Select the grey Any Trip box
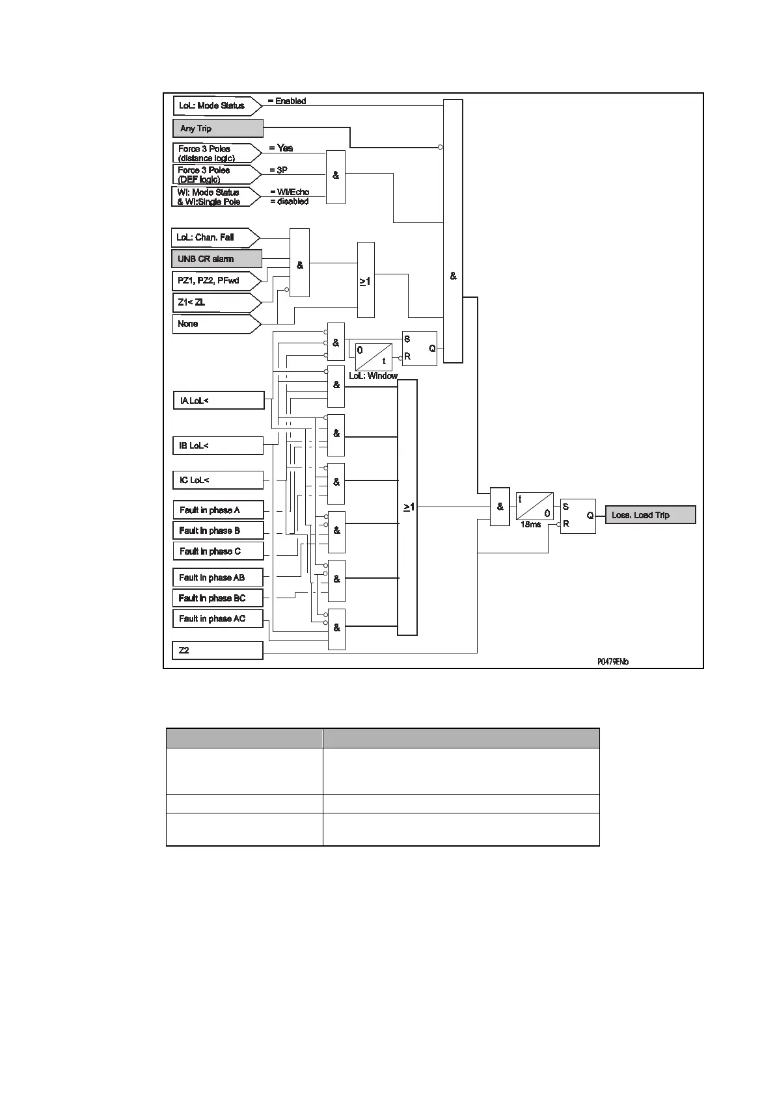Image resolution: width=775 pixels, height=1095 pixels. pos(217,128)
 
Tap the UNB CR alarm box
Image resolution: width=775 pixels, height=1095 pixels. pos(217,259)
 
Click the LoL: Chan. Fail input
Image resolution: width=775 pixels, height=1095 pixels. pos(213,237)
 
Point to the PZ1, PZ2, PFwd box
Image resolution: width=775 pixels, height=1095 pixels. pos(215,280)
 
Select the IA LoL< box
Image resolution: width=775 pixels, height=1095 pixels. pos(218,401)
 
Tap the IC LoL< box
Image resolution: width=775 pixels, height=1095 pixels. pos(217,480)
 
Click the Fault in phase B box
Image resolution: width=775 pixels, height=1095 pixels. pos(217,531)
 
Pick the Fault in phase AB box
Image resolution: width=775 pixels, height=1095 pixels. pos(217,577)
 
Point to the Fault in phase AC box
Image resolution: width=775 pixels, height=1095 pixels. pos(217,618)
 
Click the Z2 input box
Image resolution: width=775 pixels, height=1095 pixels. pos(217,650)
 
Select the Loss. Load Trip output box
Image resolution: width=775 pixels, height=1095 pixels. pos(650,515)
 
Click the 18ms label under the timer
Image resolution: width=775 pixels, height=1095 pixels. pos(530,525)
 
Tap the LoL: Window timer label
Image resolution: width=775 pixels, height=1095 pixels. pos(373,376)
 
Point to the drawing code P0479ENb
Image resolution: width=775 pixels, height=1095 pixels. pos(613,662)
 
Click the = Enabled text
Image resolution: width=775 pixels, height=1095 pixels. pos(287,101)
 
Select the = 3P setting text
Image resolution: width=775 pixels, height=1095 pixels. pos(279,170)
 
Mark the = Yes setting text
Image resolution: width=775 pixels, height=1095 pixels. pos(281,148)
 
